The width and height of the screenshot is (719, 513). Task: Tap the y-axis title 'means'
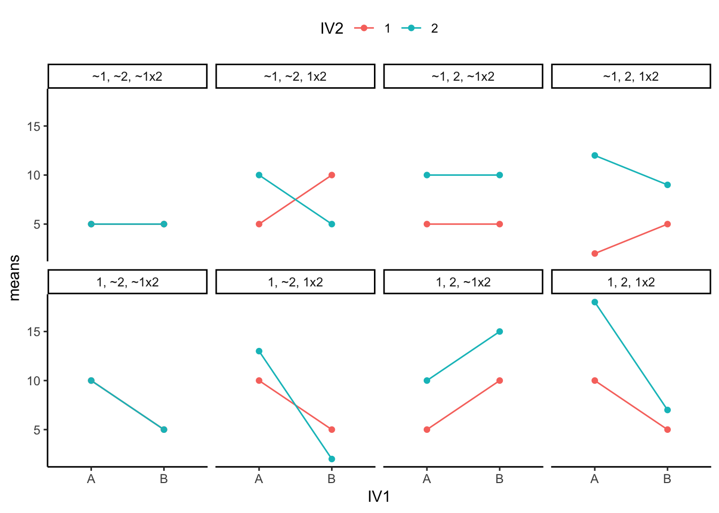tap(14, 278)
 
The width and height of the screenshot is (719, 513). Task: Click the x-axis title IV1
tap(379, 497)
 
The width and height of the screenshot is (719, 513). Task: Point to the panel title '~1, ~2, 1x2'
tap(295, 76)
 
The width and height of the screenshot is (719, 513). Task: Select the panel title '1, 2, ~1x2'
tap(463, 282)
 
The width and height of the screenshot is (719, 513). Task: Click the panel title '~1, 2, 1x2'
tap(631, 76)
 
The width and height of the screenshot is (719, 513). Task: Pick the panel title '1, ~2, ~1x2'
tap(127, 282)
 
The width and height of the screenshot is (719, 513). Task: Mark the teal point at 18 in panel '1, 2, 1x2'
tap(594, 302)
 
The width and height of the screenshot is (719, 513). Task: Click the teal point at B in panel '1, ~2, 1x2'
tap(332, 459)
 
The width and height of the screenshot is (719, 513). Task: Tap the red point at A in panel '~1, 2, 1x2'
tap(594, 253)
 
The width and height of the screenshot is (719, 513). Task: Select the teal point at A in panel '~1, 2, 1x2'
tap(594, 156)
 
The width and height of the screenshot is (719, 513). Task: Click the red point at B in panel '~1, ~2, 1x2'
tap(332, 175)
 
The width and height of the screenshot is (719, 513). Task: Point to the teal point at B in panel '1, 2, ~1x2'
tap(500, 331)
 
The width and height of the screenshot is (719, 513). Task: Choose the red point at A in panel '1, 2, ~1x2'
tap(427, 430)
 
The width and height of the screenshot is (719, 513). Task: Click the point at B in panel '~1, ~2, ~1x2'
tap(164, 224)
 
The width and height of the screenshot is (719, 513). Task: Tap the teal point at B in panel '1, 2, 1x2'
tap(667, 410)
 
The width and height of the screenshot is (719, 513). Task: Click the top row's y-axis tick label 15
tap(34, 126)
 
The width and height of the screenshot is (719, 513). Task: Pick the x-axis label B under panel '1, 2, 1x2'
tap(667, 479)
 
